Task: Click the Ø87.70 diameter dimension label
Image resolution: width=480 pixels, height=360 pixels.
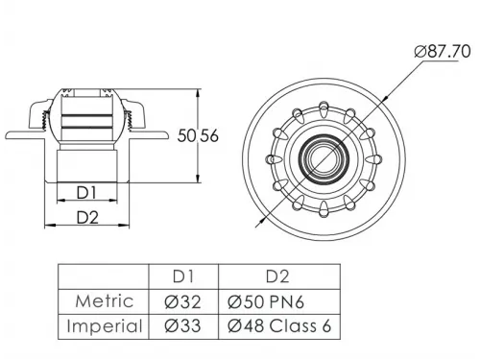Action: coord(443,52)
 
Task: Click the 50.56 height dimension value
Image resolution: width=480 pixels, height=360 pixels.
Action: coord(198,135)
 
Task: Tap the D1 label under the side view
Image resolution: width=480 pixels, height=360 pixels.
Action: coord(86,193)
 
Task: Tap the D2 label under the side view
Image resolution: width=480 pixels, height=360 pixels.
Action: coord(87,218)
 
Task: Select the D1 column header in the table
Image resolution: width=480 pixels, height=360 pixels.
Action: coord(183,276)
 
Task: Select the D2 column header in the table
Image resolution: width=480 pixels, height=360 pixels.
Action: coord(277,276)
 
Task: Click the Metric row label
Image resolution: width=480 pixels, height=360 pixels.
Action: coord(105,301)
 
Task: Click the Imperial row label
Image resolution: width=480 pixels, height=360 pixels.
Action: coord(105,326)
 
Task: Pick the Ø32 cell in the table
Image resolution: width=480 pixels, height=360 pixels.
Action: coord(182,301)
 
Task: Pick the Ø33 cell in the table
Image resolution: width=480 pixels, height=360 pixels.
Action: coord(182,326)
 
